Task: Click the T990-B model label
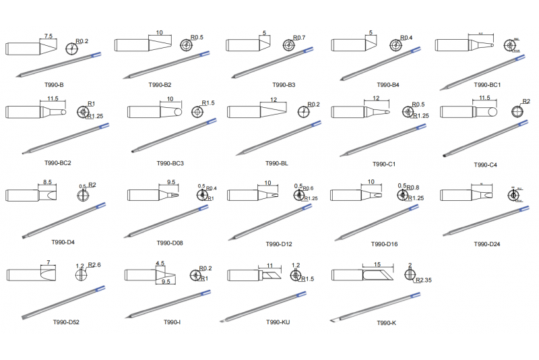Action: click(x=52, y=86)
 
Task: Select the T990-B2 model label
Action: click(x=160, y=86)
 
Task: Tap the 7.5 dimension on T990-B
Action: click(x=49, y=36)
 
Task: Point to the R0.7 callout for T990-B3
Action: click(x=299, y=38)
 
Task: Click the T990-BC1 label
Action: click(x=487, y=86)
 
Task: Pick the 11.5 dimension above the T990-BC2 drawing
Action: click(x=53, y=99)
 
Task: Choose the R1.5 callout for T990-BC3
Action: click(x=208, y=103)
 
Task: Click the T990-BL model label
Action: click(x=277, y=164)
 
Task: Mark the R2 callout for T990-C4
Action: click(x=526, y=102)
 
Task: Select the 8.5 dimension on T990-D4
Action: click(x=48, y=182)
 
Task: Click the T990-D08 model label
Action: click(x=170, y=243)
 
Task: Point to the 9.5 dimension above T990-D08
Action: click(x=171, y=182)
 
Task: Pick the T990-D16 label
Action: click(x=384, y=243)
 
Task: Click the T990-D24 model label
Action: click(x=487, y=243)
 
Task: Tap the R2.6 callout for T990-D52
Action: click(x=94, y=266)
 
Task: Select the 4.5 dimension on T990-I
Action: click(x=160, y=264)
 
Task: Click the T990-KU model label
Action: click(x=278, y=322)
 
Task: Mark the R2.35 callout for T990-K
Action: click(x=424, y=280)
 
